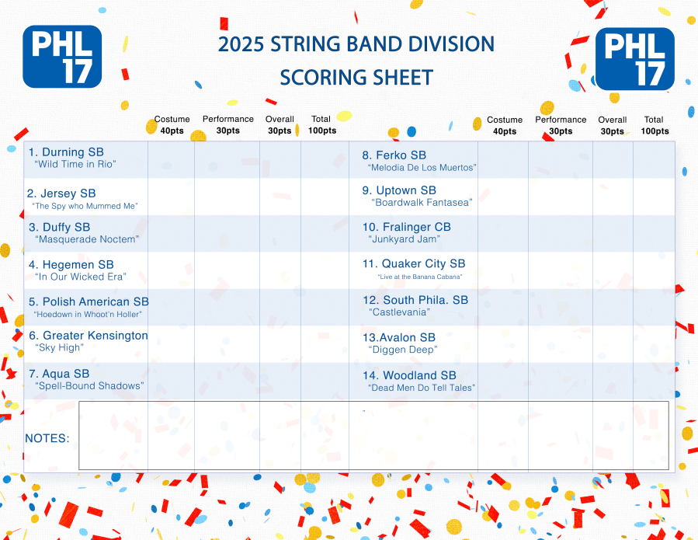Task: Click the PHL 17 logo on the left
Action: tap(62, 56)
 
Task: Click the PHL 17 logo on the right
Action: tap(634, 59)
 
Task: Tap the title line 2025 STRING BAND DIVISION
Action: tap(356, 44)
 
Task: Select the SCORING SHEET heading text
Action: tap(356, 78)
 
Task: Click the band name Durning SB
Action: tap(65, 152)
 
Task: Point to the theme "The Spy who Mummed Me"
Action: tap(85, 206)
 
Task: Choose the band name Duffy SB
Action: tap(60, 228)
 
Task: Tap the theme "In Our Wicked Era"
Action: tap(81, 277)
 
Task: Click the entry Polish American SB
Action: tap(89, 301)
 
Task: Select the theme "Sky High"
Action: tap(59, 348)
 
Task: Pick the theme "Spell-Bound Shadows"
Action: tap(89, 386)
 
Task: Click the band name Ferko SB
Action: tap(394, 155)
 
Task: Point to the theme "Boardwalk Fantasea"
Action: tap(422, 203)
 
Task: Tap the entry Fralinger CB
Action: tap(407, 227)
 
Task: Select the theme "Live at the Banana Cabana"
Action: tap(419, 277)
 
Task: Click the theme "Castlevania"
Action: tap(400, 312)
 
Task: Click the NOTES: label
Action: tap(47, 438)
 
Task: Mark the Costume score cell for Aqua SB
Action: tap(171, 381)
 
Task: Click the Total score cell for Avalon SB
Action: tap(654, 343)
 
